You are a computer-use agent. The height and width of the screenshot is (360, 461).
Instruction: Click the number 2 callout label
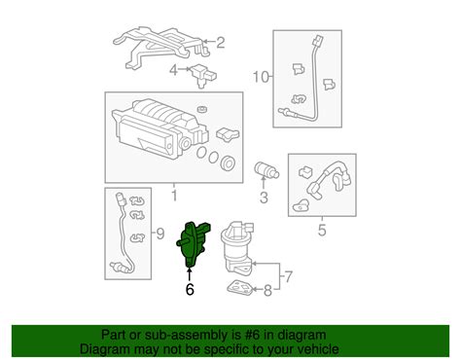221,43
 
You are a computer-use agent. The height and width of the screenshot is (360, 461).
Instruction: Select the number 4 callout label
174,69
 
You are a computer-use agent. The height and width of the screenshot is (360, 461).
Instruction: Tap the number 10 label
261,77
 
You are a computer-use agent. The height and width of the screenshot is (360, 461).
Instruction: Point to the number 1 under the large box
174,196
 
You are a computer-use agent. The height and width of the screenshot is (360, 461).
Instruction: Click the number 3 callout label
264,197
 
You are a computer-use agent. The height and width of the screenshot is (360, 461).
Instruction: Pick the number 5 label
322,230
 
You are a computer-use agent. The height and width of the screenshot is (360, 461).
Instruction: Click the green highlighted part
192,244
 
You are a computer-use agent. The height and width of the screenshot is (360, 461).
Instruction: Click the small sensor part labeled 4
203,76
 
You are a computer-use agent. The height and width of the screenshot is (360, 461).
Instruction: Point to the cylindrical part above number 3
266,170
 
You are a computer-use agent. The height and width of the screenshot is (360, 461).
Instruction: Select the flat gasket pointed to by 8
239,288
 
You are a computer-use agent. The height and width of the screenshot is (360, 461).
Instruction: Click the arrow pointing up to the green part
190,273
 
